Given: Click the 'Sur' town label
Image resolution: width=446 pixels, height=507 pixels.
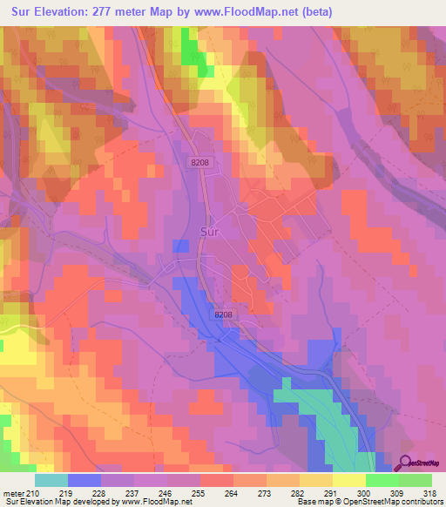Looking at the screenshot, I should pos(209,233).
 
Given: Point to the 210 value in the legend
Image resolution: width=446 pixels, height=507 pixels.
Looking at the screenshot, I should pos(32,492).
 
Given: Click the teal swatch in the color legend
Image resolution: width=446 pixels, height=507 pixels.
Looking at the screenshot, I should pos(51,480).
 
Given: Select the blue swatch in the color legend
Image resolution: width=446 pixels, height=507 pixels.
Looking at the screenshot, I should pos(84,480).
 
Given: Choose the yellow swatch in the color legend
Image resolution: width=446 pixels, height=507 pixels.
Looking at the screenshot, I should pos(348,480).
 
